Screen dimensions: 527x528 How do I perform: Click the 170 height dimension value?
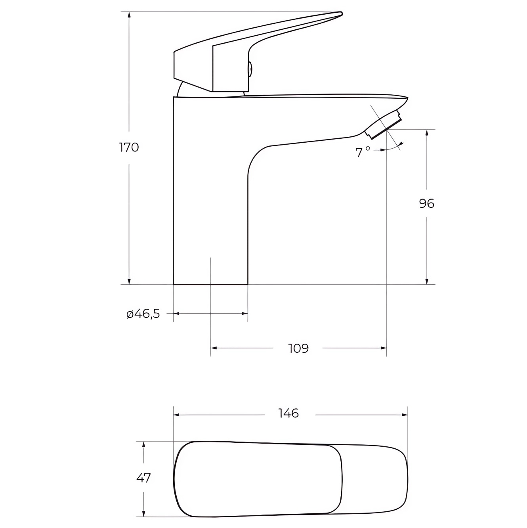pos(129,148)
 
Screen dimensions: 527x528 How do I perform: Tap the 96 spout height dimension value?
pos(427,204)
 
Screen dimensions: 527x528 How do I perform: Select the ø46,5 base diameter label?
pos(143,314)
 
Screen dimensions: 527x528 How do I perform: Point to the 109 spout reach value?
pos(298,348)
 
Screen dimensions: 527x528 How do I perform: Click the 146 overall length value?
pos(288,413)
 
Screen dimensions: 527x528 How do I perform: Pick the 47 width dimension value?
pos(143,478)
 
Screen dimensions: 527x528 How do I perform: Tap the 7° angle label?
pos(363,152)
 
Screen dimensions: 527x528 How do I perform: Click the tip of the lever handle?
pos(341,13)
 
